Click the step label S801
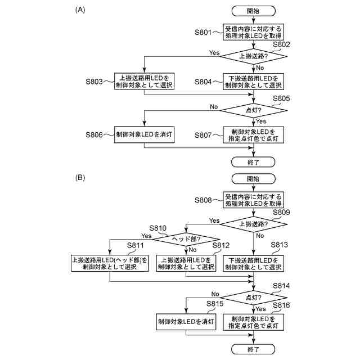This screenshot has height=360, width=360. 204,33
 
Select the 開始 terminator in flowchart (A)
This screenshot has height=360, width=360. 253,11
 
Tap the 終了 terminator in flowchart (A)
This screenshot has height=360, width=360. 253,162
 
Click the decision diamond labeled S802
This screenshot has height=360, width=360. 253,56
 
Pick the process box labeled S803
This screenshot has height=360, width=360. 145,82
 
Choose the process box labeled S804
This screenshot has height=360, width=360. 253,82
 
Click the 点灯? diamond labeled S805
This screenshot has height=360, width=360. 253,109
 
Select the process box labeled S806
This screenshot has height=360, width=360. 145,135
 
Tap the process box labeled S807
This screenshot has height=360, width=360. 253,135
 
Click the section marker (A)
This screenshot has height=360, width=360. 80,10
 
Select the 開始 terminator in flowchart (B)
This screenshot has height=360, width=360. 253,178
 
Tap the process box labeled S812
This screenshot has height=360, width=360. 186,263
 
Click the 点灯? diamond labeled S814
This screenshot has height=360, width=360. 253,297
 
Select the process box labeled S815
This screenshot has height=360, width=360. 186,322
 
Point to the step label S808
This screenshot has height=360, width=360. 204,200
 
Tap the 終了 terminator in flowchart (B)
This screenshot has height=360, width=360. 253,349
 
